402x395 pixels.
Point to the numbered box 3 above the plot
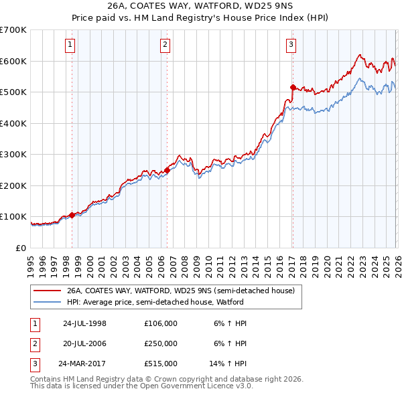tap(291, 45)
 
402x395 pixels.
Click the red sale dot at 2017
tap(293, 87)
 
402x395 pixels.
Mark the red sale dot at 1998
tap(72, 215)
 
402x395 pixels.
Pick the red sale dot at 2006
tap(166, 170)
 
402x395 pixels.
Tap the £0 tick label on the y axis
tap(21, 248)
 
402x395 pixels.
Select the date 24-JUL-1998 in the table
tap(84, 323)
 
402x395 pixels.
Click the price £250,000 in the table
tap(161, 343)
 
